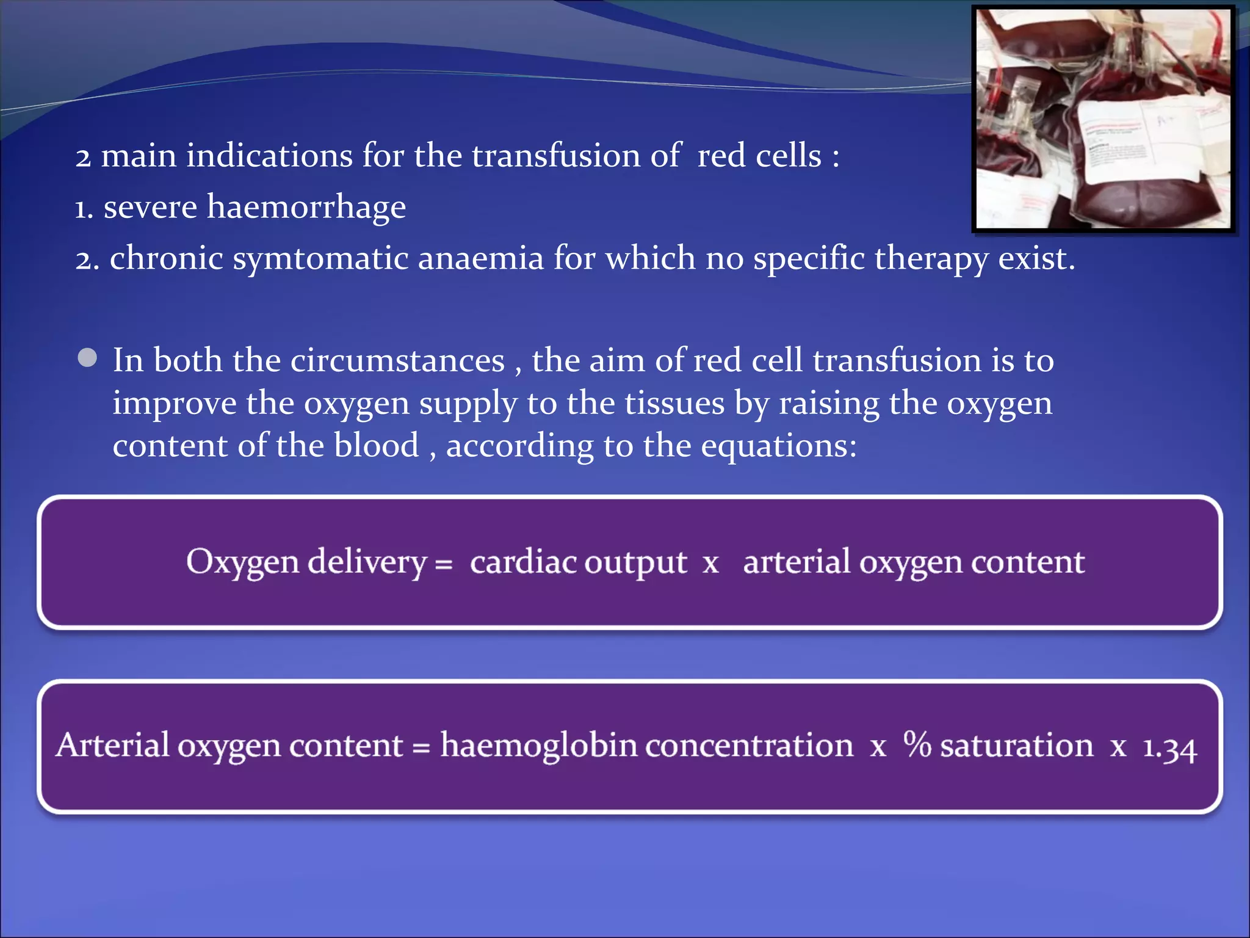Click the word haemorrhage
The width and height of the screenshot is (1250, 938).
point(306,208)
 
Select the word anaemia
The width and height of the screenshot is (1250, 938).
point(481,258)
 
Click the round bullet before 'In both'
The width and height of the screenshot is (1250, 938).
point(88,358)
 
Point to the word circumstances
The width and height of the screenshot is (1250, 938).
point(397,360)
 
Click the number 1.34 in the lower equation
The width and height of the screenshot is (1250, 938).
point(1169,747)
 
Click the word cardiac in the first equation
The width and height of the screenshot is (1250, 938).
point(522,562)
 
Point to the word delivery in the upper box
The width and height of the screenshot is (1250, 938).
point(366,562)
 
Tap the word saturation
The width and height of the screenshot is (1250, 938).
point(1016,746)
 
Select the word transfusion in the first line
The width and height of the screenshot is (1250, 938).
point(555,156)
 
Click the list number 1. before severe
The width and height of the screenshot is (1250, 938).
point(84,209)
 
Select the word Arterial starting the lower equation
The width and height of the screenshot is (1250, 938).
point(112,746)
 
